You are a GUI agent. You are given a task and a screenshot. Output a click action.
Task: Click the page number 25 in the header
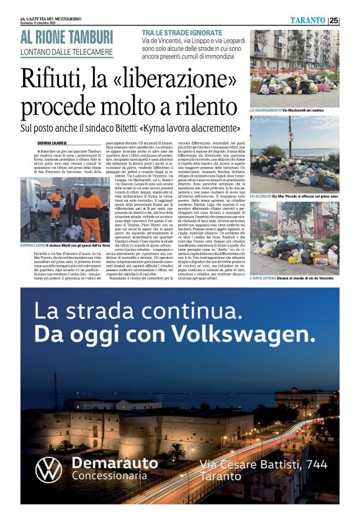point(334,20)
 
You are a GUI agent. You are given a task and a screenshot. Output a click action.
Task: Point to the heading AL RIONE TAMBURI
point(66,37)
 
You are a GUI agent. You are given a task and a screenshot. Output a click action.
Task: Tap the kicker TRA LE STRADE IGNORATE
point(181,32)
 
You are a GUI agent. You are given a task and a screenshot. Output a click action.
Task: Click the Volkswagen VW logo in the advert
point(48,469)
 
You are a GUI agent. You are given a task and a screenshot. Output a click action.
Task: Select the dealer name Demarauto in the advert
point(115,463)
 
